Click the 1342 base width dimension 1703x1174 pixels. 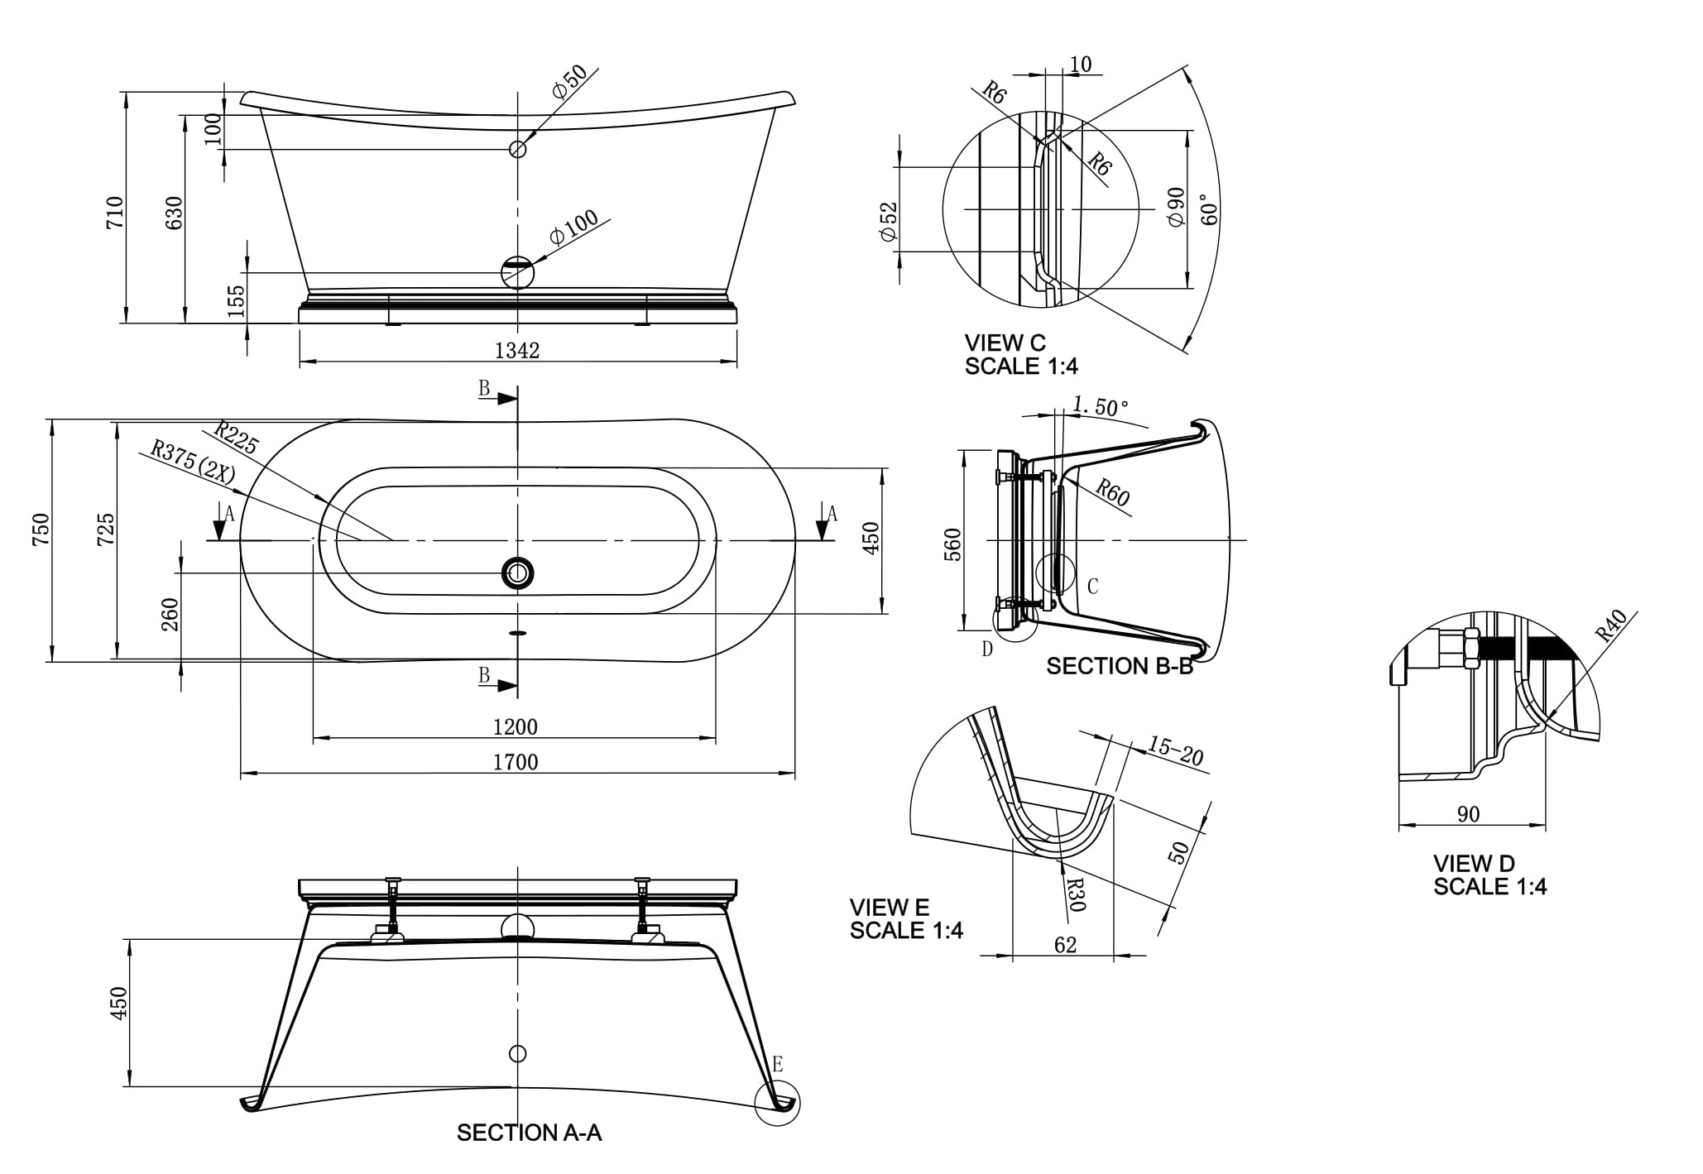517,351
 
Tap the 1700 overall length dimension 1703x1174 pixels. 516,762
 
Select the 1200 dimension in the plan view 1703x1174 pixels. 515,727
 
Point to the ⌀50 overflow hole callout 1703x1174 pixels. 569,82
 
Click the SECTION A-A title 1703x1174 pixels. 529,1133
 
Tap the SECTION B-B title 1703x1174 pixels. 1120,666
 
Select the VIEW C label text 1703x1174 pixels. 1005,343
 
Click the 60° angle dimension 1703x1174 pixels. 1209,209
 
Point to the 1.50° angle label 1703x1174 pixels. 1101,407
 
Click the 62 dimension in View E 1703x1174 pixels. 1066,945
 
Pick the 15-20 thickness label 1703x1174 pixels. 1175,750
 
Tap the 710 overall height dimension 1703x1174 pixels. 115,213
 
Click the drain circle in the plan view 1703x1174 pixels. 518,573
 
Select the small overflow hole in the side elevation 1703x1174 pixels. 518,149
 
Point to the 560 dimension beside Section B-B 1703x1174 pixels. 953,544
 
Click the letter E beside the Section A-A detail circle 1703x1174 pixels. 778,1065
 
